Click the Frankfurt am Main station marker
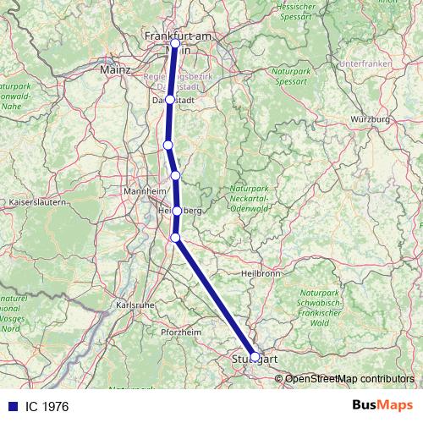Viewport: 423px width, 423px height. pyautogui.click(x=175, y=43)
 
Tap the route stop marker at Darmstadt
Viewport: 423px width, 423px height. pyautogui.click(x=170, y=100)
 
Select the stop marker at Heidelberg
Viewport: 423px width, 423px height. pyautogui.click(x=177, y=211)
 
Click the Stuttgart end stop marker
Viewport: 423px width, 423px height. pyautogui.click(x=255, y=357)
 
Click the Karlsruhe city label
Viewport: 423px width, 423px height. pyautogui.click(x=135, y=305)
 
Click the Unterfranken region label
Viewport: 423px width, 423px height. pyautogui.click(x=365, y=64)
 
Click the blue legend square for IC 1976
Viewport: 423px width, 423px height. pyautogui.click(x=11, y=407)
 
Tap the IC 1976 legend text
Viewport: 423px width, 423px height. pyautogui.click(x=47, y=407)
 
